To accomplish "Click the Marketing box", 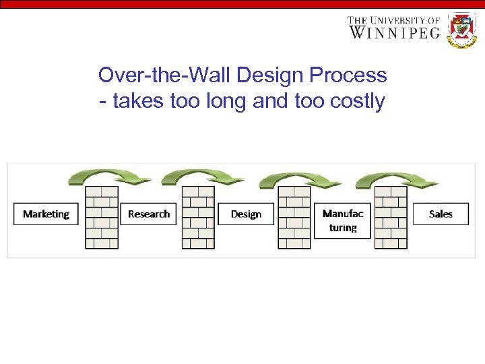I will pos(46,214).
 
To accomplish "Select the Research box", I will pos(148,214).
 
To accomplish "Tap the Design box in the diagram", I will pos(246,214).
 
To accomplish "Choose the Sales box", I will pos(441,214).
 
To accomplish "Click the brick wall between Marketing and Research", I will pos(102,217).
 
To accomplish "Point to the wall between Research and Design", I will pos(198,217).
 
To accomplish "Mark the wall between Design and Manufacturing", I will pos(294,217).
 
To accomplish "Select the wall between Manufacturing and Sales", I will pos(391,217).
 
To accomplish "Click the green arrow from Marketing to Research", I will pos(101,177).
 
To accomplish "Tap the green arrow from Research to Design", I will pos(199,177).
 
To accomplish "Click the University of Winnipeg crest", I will pos(462,30).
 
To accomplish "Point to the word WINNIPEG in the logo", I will pos(394,32).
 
